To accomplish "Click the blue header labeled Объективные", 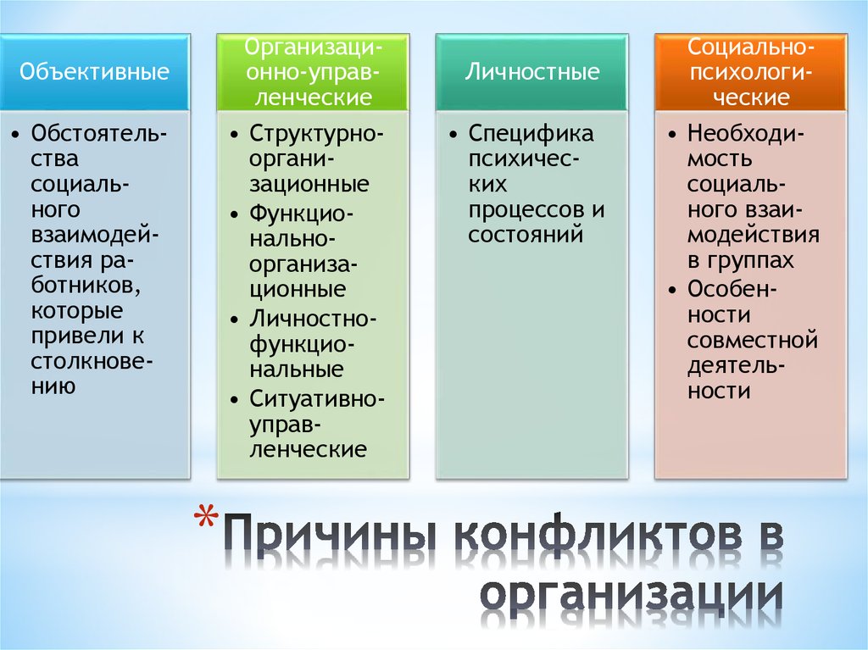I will [94, 72].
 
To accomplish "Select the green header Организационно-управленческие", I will [313, 72].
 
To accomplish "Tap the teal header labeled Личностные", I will [531, 72].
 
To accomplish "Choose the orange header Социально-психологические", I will [750, 72].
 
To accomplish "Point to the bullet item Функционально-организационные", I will [303, 250].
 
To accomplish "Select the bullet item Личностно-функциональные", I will [313, 343].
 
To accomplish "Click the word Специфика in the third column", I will [531, 134].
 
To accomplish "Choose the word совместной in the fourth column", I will [753, 341].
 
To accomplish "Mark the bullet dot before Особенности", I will [671, 289].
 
